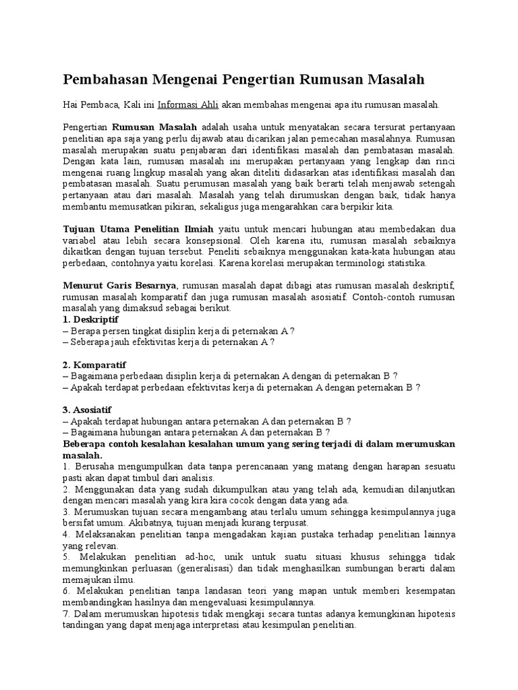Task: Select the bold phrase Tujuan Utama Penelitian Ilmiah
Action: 138,229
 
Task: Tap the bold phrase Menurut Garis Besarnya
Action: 119,286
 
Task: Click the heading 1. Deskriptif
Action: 90,319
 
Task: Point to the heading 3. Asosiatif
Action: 88,410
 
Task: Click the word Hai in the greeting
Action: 70,105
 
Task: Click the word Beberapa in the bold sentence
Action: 85,444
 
